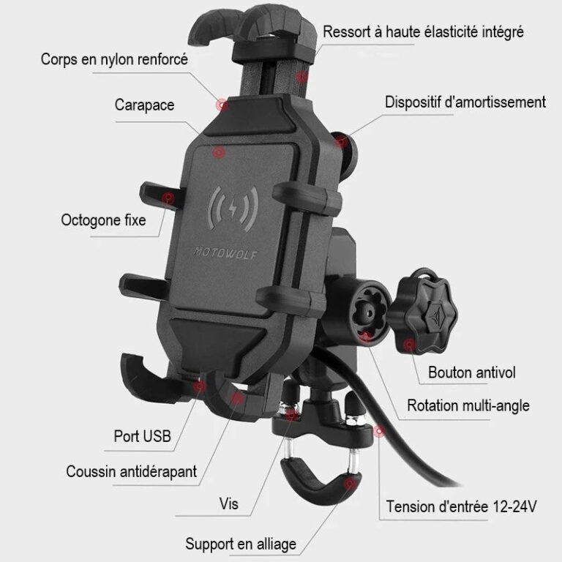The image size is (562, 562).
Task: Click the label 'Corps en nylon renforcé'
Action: click(114, 59)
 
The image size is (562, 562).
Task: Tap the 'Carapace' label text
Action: click(144, 105)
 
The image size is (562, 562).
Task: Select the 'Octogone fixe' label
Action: click(104, 220)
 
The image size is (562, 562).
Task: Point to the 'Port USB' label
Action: click(142, 436)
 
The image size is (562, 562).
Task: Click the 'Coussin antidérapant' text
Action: click(132, 471)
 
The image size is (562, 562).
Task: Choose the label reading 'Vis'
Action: click(228, 504)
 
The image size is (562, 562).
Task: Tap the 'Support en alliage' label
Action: click(241, 544)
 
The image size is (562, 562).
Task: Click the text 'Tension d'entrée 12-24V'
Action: click(461, 507)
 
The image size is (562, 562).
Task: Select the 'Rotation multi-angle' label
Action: click(468, 405)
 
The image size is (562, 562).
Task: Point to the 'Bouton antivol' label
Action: click(472, 372)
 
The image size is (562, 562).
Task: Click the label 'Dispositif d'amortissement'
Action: click(465, 102)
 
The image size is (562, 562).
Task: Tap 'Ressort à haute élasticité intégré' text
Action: click(423, 32)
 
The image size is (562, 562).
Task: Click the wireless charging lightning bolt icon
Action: click(233, 209)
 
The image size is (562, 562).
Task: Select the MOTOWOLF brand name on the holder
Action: click(225, 252)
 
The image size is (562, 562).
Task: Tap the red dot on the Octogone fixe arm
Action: click(168, 198)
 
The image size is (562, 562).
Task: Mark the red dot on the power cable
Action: click(379, 431)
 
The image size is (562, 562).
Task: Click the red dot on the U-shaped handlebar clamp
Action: click(351, 484)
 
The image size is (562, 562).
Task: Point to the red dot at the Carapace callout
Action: click(218, 152)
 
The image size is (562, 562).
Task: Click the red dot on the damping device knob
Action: click(341, 141)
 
